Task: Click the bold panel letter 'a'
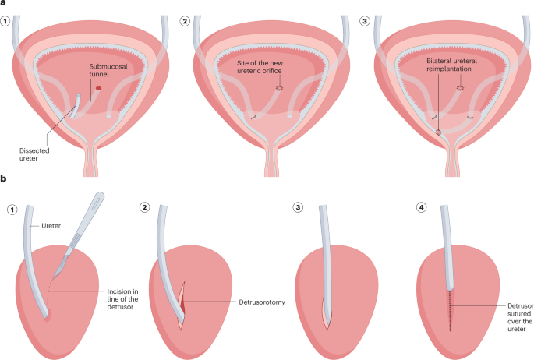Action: click(4, 5)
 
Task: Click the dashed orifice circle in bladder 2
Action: click(278, 89)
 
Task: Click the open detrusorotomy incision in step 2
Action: click(180, 299)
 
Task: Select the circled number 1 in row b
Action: click(10, 208)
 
